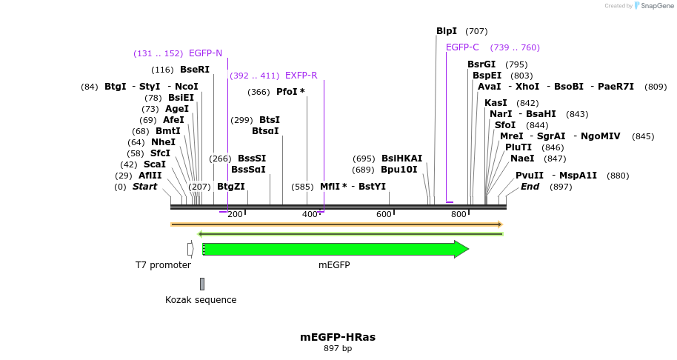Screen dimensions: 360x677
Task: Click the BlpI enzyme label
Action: [x=447, y=31]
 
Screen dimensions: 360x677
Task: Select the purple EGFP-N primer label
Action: [x=205, y=53]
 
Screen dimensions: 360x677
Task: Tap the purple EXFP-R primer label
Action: [x=301, y=76]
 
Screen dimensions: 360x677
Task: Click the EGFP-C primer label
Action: [x=462, y=47]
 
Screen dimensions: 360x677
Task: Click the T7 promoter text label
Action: [x=163, y=265]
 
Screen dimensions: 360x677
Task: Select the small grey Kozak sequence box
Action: [x=201, y=284]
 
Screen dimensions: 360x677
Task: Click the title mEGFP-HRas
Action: [x=338, y=337]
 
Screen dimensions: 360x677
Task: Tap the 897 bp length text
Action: [x=338, y=349]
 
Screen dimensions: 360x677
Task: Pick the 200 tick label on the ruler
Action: [x=235, y=215]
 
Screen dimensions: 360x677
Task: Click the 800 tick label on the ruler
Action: [x=458, y=215]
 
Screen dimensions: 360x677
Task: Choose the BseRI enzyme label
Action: [x=195, y=70]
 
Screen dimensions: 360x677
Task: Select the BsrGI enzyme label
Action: [x=481, y=64]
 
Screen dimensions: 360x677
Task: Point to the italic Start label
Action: [x=144, y=187]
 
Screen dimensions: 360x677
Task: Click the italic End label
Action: [x=530, y=187]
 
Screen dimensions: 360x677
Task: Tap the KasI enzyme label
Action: [x=496, y=103]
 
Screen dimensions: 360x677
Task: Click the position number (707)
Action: [x=476, y=31]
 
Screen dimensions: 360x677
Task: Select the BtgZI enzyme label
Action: [x=230, y=187]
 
